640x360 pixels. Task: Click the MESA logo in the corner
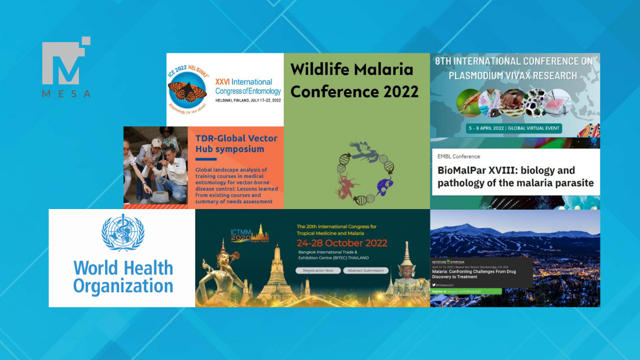point(66,66)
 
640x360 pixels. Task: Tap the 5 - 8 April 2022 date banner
point(515,129)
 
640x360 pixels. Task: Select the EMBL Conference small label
point(459,156)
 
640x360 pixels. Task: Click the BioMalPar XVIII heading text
point(515,177)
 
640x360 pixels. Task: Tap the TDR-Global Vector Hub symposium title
point(236,143)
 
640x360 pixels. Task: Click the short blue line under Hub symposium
point(206,159)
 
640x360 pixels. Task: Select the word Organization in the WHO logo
point(123,286)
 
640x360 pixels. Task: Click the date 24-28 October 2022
point(342,243)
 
